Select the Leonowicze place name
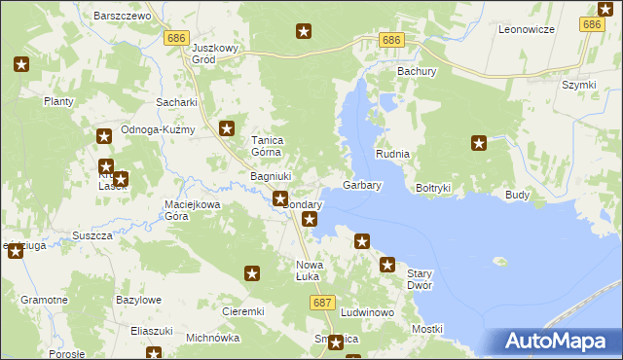point(526,30)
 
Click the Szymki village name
point(578,85)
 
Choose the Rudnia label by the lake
point(393,155)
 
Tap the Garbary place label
point(362,185)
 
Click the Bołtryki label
point(433,187)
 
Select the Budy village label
point(517,195)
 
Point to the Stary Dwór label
point(419,280)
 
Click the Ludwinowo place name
point(367,312)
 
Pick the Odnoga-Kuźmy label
point(159,130)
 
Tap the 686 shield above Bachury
point(390,40)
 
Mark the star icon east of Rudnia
point(479,144)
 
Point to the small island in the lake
point(501,261)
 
